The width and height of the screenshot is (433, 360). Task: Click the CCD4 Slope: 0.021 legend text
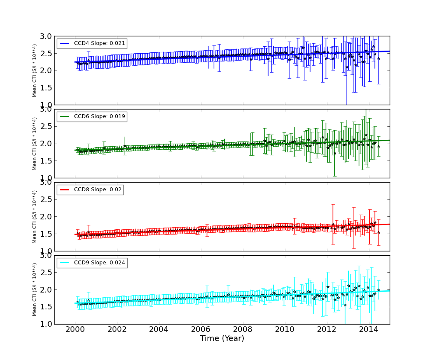pos(100,44)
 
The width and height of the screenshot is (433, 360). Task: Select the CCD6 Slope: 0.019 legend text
pos(100,117)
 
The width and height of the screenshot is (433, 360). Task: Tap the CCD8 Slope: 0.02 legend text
pos(98,190)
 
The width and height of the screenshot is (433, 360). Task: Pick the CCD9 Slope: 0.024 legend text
pos(100,263)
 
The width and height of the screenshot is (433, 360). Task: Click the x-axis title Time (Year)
pos(222,339)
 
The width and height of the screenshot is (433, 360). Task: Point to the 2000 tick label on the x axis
pos(75,330)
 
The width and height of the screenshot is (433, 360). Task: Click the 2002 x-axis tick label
pos(117,330)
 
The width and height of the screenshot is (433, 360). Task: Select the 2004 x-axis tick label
pos(159,330)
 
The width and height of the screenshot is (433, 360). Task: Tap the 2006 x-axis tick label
pos(201,330)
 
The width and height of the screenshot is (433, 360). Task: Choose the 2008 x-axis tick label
pos(243,330)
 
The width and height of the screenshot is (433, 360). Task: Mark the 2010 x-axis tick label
pos(285,330)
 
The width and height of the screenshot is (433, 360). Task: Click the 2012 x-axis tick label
pos(327,330)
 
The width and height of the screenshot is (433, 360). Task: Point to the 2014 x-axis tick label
pos(369,330)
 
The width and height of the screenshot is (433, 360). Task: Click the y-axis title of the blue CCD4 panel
pos(35,71)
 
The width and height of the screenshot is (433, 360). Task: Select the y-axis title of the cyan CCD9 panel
pos(35,290)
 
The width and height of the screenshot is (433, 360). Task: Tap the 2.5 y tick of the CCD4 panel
pos(46,53)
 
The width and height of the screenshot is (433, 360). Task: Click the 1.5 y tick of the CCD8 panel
pos(46,234)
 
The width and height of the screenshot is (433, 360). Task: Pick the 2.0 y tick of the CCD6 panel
pos(46,144)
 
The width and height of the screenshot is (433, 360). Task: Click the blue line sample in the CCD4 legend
pos(65,44)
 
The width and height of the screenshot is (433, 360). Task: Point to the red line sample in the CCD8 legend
pos(65,190)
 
